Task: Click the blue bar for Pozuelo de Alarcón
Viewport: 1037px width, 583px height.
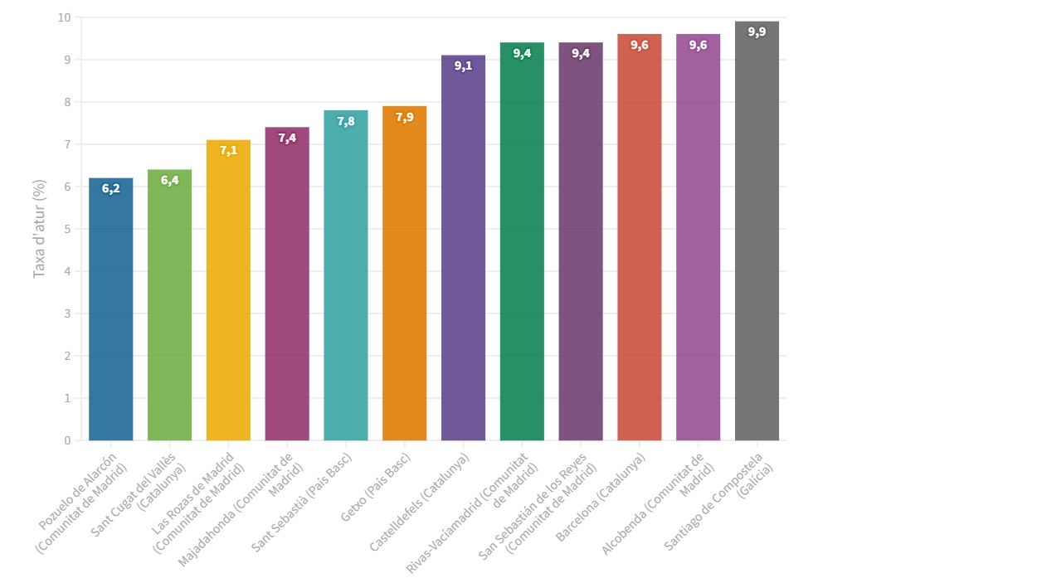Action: tap(110, 315)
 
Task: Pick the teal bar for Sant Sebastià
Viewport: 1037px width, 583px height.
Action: tap(346, 282)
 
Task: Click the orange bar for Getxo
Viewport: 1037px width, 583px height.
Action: tap(404, 278)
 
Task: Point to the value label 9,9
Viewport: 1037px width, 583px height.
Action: tap(757, 32)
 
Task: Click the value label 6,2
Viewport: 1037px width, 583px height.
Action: tap(111, 189)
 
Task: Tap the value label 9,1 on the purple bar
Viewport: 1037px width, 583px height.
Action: tap(463, 66)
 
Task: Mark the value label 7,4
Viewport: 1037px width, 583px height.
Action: tap(287, 138)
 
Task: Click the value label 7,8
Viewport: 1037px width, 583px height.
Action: tap(346, 122)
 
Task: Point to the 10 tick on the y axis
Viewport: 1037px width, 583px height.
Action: tap(65, 17)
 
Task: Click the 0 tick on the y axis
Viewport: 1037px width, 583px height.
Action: tap(67, 440)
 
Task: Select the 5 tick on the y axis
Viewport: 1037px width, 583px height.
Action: tap(67, 229)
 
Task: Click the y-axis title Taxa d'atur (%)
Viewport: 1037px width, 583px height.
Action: tap(39, 229)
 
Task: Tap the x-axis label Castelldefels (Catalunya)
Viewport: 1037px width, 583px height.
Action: tap(420, 502)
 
